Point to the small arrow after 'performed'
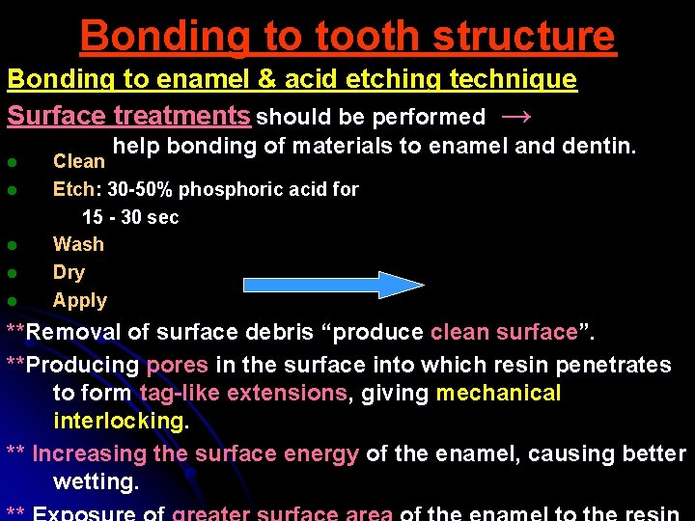516,117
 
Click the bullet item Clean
78,161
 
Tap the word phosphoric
226,189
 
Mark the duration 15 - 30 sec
130,217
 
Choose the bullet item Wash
78,244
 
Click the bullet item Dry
69,272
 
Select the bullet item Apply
80,300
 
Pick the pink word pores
177,365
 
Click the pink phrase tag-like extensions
242,393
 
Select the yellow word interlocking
121,421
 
